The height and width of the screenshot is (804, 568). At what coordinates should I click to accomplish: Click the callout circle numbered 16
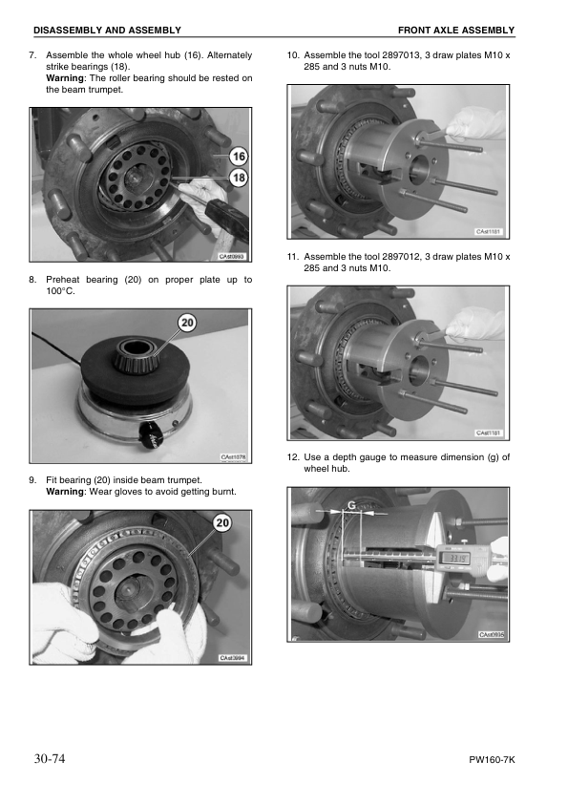[239, 156]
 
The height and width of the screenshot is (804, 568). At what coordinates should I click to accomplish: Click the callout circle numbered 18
[239, 178]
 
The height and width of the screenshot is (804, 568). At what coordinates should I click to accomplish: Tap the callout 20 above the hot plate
[188, 322]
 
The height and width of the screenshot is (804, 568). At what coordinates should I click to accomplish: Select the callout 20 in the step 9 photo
[222, 522]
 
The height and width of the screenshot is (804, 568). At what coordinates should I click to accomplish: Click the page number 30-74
[50, 758]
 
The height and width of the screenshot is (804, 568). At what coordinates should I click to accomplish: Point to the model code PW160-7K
[492, 760]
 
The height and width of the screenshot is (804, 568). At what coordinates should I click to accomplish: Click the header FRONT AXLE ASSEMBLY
[456, 31]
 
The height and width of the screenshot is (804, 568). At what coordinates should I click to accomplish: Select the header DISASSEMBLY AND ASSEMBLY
[107, 31]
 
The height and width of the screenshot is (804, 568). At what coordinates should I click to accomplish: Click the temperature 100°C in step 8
[60, 291]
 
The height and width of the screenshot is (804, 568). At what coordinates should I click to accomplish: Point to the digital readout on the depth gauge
[454, 558]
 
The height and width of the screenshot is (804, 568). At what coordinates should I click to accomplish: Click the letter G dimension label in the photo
[351, 505]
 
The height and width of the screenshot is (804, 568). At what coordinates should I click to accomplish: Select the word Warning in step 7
[65, 78]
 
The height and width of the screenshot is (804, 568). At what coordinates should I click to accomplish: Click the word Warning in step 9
[65, 491]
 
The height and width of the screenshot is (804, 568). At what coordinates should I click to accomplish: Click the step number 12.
[293, 456]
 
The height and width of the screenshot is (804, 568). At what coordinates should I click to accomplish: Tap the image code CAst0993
[232, 256]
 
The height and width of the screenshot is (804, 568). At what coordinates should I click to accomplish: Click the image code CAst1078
[233, 456]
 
